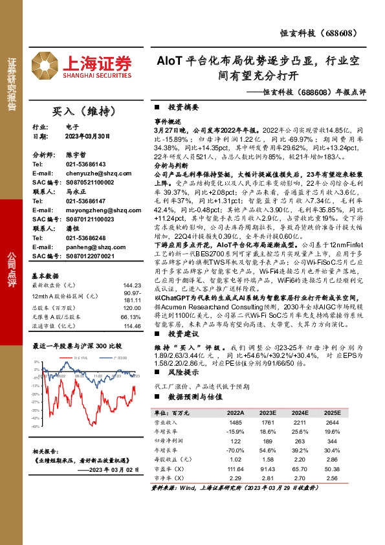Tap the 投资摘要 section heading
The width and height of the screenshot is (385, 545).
184,108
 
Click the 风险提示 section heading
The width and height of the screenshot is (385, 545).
184,373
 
